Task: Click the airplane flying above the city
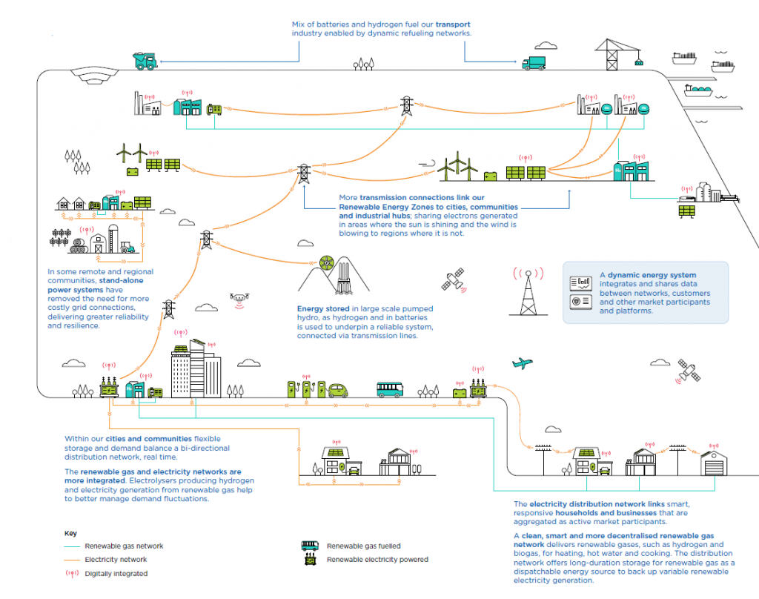point(523,363)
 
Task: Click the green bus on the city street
point(390,388)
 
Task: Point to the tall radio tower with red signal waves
point(528,290)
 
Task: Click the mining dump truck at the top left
point(145,60)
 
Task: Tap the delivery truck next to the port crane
point(536,64)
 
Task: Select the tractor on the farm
point(127,247)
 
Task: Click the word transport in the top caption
point(454,24)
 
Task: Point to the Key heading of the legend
point(70,533)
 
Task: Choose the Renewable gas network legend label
point(124,546)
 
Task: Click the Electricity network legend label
point(116,560)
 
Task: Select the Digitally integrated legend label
point(116,573)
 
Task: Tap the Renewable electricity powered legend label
point(377,560)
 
